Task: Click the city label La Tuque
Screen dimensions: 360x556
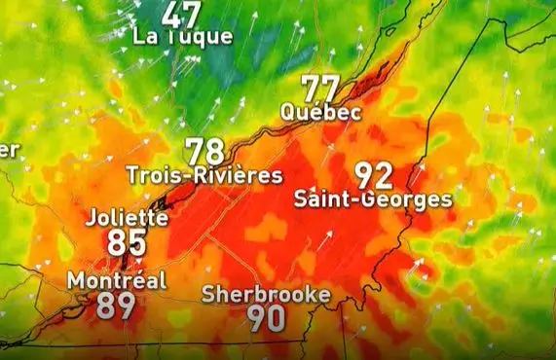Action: tap(184, 37)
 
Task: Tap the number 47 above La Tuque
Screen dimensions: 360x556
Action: tap(182, 14)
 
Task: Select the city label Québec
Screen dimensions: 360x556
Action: tap(320, 112)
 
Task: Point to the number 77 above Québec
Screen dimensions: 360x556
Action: tap(320, 89)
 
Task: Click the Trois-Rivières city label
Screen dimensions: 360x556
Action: tap(204, 176)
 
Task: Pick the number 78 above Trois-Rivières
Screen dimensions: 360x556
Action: tap(204, 152)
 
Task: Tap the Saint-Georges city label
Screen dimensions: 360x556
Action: tap(373, 200)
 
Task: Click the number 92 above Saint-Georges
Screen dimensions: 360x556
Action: tap(373, 175)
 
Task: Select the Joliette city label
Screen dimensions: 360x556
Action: tap(127, 217)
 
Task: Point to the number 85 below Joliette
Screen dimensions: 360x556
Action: tap(127, 242)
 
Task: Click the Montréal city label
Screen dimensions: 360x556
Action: tap(117, 280)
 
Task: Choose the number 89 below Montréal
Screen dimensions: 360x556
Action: tap(116, 306)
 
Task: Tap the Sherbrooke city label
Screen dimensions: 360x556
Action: tap(266, 294)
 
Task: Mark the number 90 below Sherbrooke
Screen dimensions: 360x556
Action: tap(266, 318)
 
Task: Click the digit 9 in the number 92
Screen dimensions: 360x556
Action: tap(363, 175)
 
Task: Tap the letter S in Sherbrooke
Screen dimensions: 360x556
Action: tap(208, 294)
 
